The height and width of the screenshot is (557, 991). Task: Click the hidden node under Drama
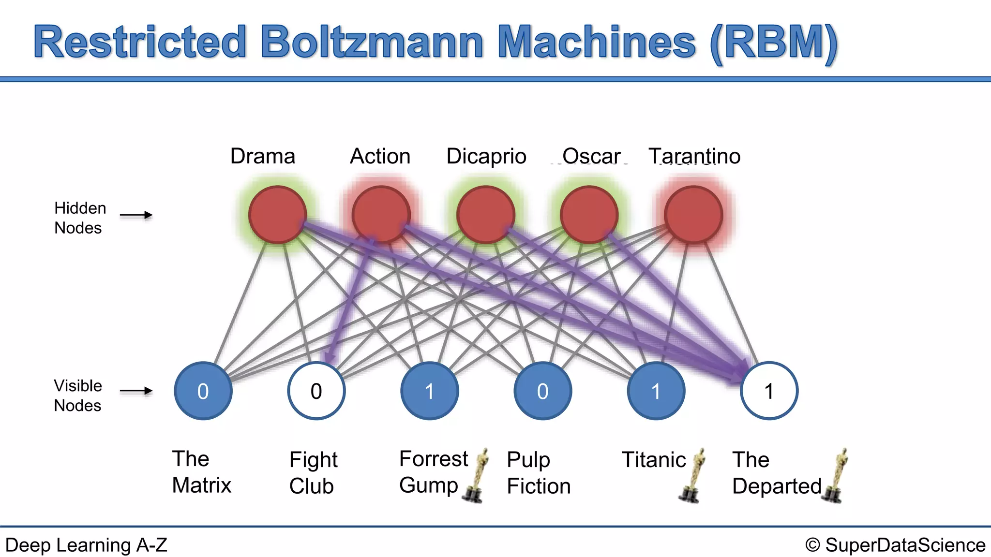click(277, 215)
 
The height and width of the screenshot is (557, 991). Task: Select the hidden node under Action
click(381, 215)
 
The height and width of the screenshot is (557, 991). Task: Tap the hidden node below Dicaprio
click(485, 215)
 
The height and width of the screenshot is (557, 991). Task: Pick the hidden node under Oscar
click(589, 215)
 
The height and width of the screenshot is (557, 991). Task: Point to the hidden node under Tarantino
click(693, 215)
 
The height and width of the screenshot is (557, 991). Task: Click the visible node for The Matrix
click(203, 391)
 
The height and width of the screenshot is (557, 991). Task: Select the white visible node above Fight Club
click(316, 391)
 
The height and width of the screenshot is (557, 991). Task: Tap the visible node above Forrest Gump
click(430, 391)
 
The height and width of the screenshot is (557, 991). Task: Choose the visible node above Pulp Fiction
click(542, 391)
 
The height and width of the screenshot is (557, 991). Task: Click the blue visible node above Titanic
click(656, 391)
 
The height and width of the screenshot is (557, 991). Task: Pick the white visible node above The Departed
click(769, 391)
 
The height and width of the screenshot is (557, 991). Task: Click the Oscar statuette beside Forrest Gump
click(477, 476)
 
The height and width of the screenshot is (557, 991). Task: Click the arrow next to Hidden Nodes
click(136, 215)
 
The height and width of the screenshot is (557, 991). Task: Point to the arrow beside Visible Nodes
click(136, 391)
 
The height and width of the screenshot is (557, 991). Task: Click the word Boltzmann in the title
click(372, 43)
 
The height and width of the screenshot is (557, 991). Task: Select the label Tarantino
click(694, 156)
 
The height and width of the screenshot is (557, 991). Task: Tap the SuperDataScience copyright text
click(895, 545)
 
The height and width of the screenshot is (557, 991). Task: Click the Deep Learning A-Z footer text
click(86, 545)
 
